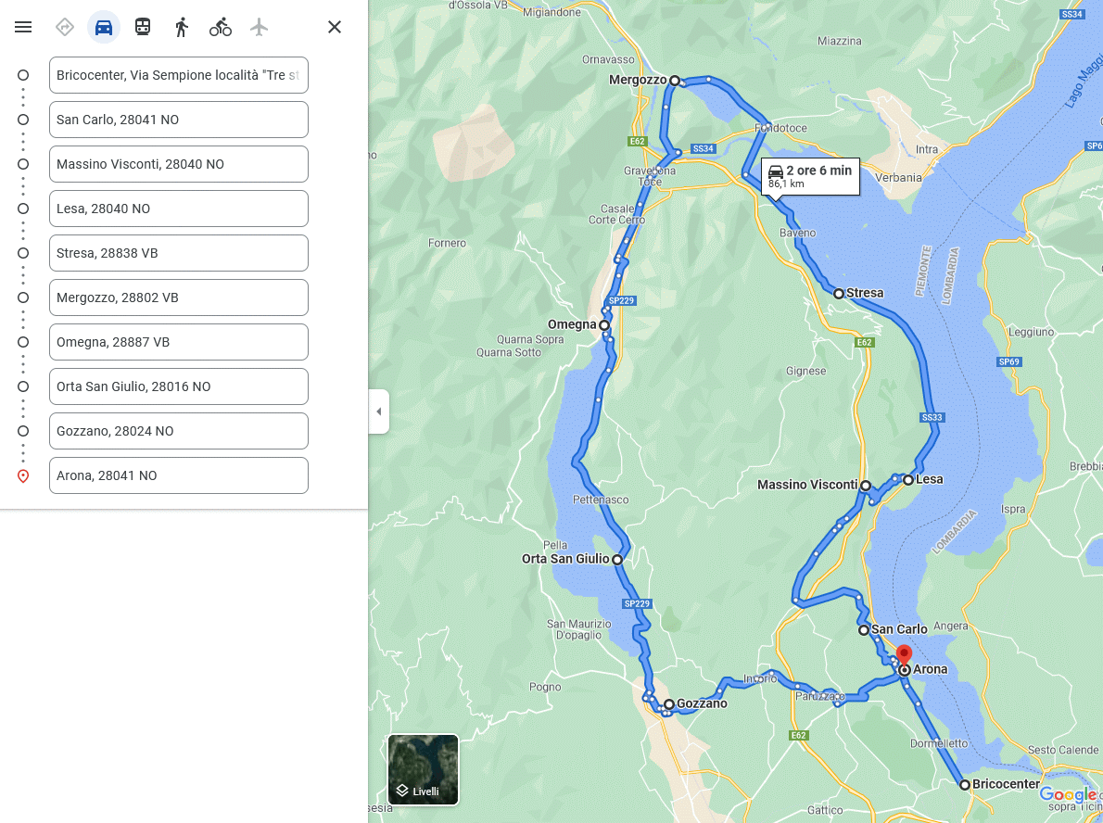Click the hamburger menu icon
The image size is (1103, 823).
[x=23, y=27]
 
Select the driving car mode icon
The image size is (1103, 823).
[x=104, y=27]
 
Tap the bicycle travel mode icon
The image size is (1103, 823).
[x=221, y=27]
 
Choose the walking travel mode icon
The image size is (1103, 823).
[x=182, y=27]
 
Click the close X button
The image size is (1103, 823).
[x=335, y=27]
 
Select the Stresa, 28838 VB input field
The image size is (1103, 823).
[x=178, y=253]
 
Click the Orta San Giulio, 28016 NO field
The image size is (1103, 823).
[x=178, y=386]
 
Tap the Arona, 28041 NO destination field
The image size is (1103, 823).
[x=178, y=475]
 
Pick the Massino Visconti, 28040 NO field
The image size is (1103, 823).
[x=178, y=164]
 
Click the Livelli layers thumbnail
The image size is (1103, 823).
[x=423, y=769]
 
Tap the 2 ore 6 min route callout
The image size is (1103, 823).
[x=810, y=175]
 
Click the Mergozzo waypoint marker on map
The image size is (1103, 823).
[x=675, y=81]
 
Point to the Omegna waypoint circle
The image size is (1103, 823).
[x=604, y=325]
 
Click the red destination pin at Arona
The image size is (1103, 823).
[x=904, y=656]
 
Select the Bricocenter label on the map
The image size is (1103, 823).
[x=1006, y=784]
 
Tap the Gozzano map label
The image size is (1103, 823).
[x=702, y=703]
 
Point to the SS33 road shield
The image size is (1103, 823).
[x=932, y=418]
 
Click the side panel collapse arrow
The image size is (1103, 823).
[x=378, y=411]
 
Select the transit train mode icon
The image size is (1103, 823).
[x=143, y=27]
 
